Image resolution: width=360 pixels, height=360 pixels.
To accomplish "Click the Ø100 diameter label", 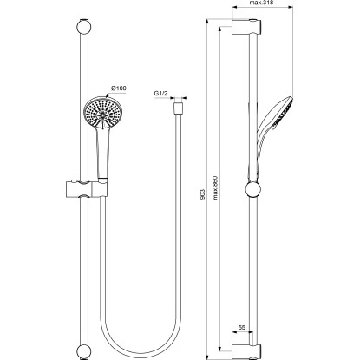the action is point(119,88).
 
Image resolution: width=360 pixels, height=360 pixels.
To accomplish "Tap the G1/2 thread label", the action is point(160,94).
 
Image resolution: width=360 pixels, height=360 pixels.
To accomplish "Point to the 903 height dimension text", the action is point(202,193).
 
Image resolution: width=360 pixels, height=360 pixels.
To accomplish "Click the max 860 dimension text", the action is point(215,187).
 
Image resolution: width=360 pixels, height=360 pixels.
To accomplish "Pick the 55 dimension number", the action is point(242,327).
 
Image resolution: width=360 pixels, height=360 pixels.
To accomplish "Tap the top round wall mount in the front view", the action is point(83,27).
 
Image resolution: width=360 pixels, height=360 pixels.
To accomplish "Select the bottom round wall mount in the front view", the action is point(83,351).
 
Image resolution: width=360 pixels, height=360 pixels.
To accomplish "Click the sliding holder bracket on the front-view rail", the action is point(87,189).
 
